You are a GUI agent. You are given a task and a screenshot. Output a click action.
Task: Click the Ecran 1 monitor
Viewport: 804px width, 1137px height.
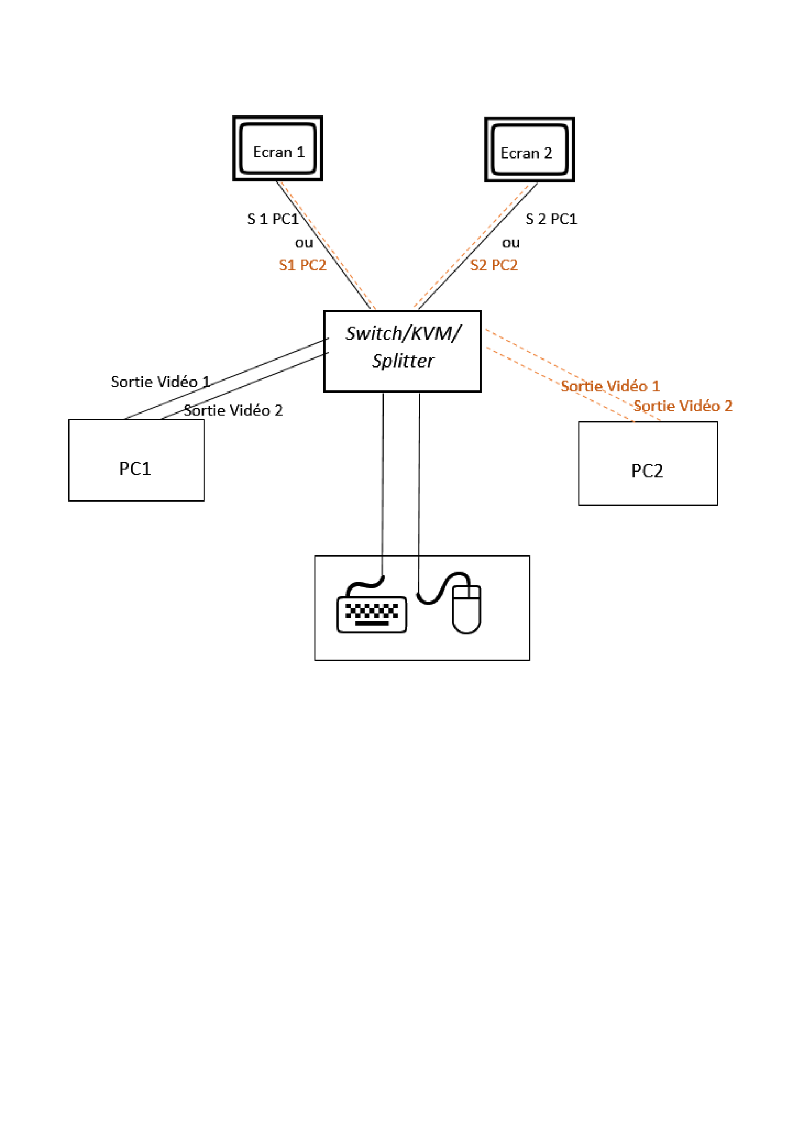click(x=277, y=149)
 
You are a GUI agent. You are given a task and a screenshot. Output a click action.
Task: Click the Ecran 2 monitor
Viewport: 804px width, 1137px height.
click(x=529, y=150)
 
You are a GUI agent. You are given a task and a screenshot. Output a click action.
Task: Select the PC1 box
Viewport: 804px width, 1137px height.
click(x=136, y=460)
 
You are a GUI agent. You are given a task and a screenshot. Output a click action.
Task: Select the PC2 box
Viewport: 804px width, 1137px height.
click(x=647, y=463)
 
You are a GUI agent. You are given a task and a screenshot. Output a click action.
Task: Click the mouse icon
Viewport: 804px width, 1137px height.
click(x=466, y=609)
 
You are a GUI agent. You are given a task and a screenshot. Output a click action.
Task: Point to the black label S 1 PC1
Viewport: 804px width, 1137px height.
click(x=273, y=219)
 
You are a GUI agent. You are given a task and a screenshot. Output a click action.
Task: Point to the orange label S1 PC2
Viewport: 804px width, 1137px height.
click(x=302, y=265)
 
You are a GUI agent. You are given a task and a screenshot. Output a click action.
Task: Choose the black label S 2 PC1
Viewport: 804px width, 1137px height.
click(x=551, y=219)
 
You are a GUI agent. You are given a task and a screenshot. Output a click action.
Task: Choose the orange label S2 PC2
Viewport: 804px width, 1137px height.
click(x=493, y=265)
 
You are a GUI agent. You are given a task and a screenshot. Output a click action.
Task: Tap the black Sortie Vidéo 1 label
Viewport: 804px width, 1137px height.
click(x=160, y=382)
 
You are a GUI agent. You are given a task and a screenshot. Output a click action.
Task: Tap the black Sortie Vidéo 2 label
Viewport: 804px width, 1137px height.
click(x=233, y=411)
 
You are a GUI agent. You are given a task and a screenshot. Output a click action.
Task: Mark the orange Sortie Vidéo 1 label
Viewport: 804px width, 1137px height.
click(x=610, y=386)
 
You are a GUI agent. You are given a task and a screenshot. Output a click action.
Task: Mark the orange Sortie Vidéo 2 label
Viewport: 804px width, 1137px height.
click(x=682, y=406)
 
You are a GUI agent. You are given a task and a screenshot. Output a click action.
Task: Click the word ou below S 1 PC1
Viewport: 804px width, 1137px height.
click(x=304, y=243)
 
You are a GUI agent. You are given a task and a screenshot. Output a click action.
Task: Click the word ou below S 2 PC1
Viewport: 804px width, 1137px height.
click(x=511, y=243)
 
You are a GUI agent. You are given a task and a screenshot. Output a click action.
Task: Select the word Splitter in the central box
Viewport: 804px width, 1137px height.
click(x=403, y=361)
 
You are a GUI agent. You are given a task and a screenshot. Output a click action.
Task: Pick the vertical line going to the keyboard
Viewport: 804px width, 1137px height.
click(x=383, y=475)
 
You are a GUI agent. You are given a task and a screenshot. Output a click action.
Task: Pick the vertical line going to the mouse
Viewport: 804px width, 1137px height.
click(x=419, y=475)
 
